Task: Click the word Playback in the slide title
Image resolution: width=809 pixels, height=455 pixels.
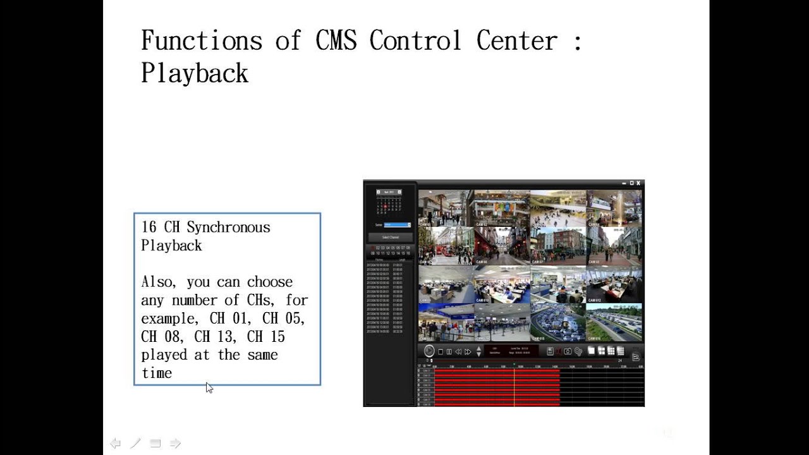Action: [194, 73]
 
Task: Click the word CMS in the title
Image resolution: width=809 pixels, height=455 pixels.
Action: [336, 41]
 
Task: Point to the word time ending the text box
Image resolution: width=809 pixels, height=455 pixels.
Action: [156, 373]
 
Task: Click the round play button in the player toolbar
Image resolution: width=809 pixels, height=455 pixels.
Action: [429, 351]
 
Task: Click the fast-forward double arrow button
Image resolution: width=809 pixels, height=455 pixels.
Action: [468, 352]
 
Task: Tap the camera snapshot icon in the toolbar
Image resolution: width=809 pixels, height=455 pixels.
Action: [568, 351]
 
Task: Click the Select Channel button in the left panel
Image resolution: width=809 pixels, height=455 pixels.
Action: [390, 237]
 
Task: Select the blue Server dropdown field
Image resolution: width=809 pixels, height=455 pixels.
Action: [397, 224]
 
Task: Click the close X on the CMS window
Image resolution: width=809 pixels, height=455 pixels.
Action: [638, 183]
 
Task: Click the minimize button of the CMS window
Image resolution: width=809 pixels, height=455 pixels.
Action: [623, 183]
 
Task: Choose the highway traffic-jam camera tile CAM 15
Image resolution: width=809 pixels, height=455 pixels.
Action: [557, 322]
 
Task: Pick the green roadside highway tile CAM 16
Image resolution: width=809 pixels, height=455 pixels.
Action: [614, 322]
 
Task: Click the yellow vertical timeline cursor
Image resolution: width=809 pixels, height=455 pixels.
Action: [514, 385]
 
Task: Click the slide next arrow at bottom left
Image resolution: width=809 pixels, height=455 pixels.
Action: [176, 444]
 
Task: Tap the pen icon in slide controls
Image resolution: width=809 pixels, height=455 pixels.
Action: [135, 444]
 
